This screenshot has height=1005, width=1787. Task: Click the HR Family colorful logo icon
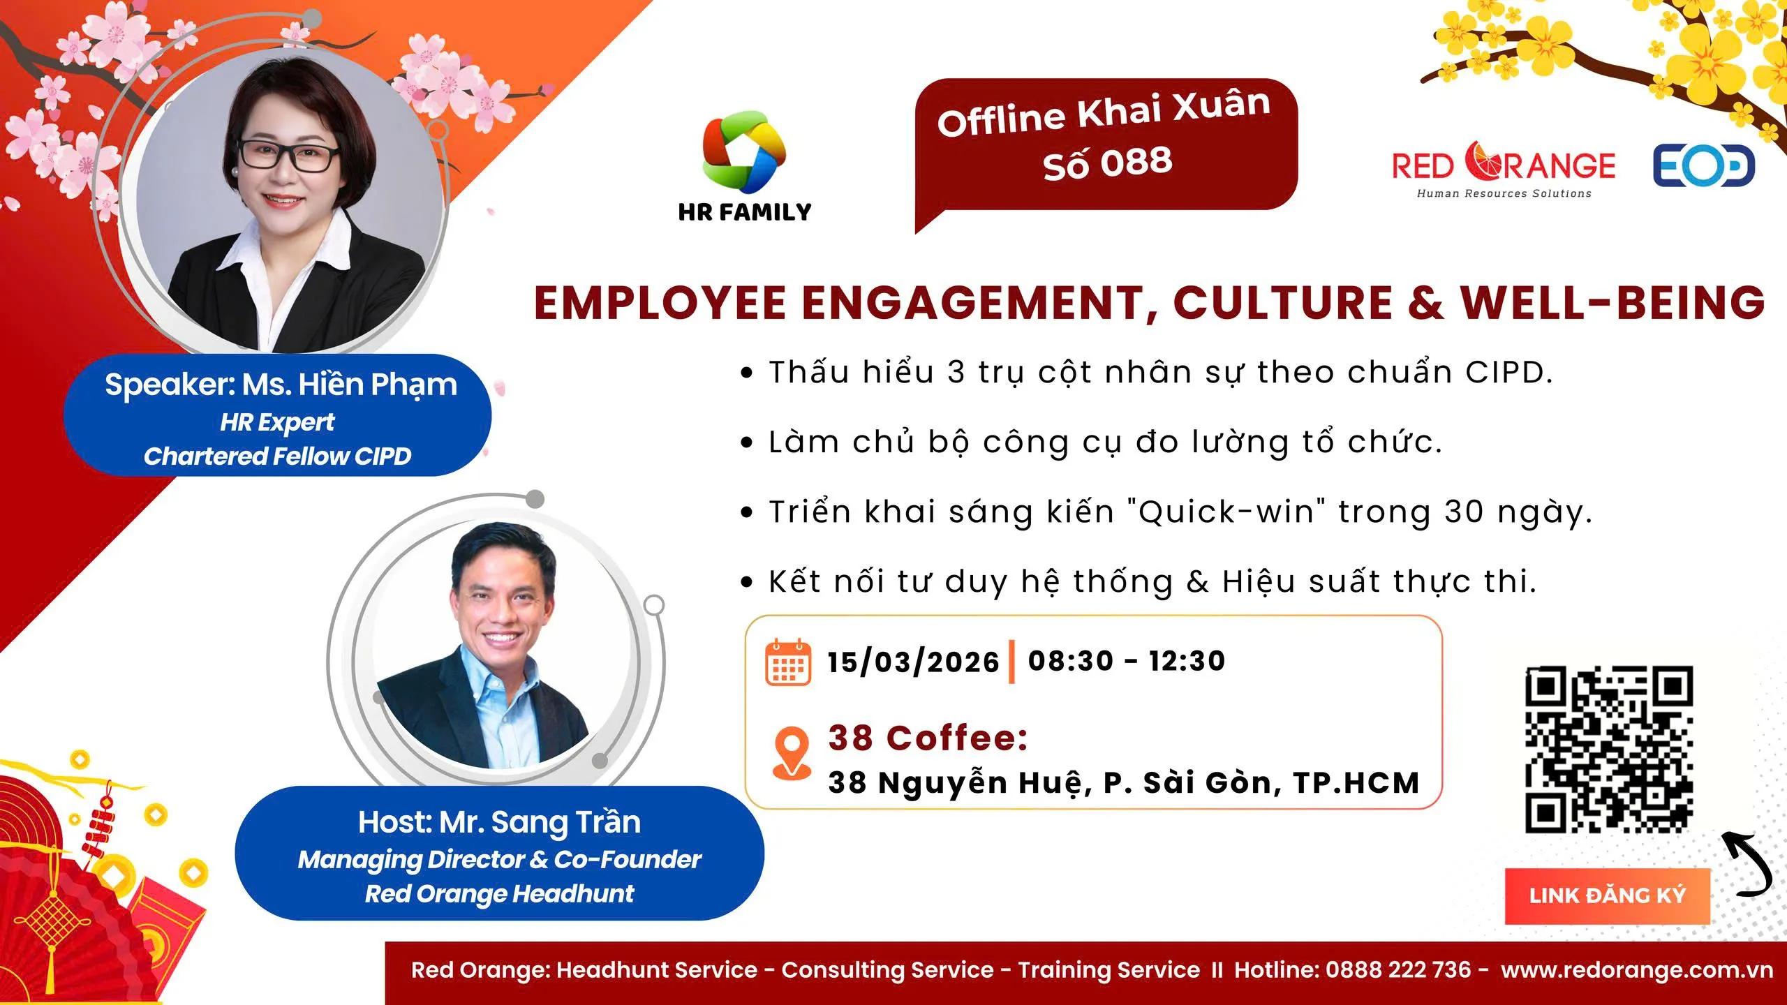[x=744, y=152]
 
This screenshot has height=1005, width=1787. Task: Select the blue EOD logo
[x=1703, y=165]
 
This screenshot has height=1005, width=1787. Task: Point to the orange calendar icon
[x=788, y=662]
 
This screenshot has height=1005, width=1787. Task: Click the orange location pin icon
[x=791, y=752]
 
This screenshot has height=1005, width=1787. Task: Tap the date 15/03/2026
[x=913, y=662]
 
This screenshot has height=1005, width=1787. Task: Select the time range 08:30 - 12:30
[x=1127, y=660]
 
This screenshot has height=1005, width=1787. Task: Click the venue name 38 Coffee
[x=928, y=738]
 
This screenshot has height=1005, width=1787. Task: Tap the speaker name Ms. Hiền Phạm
[x=349, y=385]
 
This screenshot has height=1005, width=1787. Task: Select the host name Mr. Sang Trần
[x=540, y=822]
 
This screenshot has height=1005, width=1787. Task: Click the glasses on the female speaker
[x=287, y=155]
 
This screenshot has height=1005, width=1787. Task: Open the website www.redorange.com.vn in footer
[x=1636, y=969]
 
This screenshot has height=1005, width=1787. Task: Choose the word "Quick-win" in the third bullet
[x=1227, y=512]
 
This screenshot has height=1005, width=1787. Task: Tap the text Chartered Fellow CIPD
[x=277, y=456]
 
